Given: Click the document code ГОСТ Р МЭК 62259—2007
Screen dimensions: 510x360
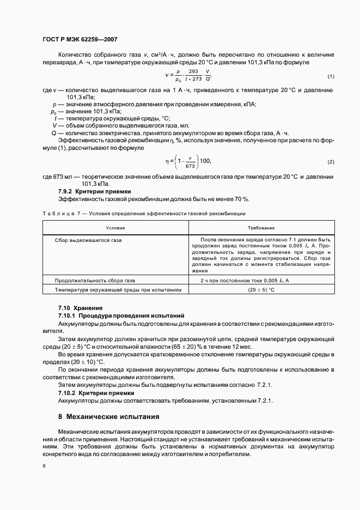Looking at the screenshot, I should (80, 40).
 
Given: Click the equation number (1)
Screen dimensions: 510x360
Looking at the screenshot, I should (331, 76).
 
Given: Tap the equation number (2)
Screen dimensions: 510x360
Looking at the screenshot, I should (331, 162).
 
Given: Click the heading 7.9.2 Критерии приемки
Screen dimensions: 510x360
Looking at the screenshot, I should (94, 192).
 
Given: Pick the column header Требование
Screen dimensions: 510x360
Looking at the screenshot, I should (261, 227).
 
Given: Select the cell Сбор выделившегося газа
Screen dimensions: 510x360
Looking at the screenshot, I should (88, 240).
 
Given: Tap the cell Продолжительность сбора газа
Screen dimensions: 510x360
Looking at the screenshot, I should (95, 280).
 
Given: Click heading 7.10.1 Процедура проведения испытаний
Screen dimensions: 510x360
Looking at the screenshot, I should (121, 315).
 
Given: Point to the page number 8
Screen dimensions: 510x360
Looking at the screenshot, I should (44, 466).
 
